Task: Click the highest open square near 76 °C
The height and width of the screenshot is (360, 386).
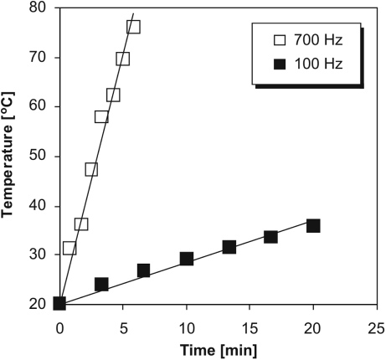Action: (133, 27)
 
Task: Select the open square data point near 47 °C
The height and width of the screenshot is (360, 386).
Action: (91, 169)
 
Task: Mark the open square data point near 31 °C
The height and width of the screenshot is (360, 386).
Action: (69, 248)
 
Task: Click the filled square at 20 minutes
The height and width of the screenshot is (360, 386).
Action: (313, 226)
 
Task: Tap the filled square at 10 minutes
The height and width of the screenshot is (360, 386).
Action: (187, 259)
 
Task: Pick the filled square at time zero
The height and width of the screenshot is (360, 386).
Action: (59, 303)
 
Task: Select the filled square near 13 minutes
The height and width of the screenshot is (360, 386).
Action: (229, 247)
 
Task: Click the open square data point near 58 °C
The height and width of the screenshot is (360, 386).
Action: (101, 116)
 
